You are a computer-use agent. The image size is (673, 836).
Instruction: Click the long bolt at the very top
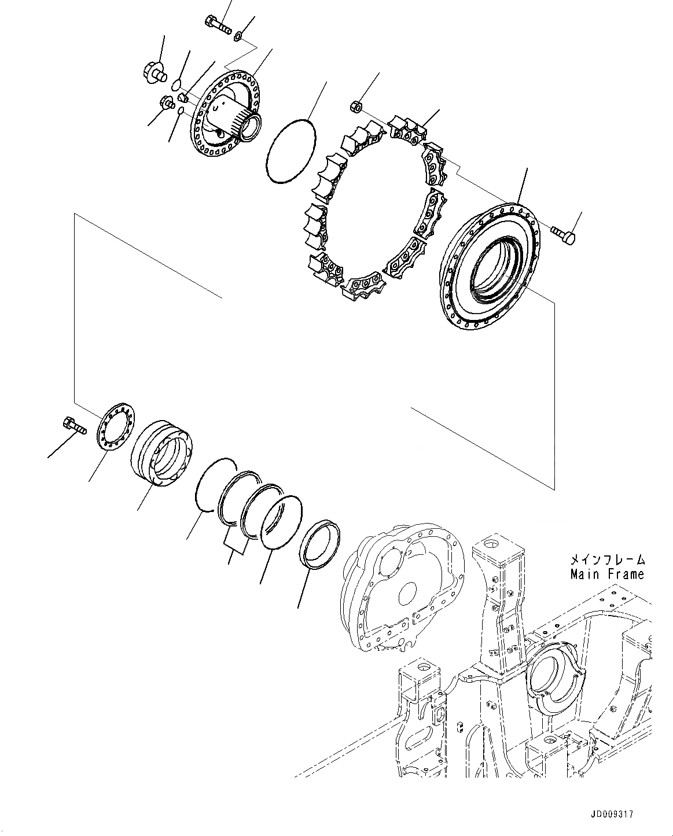(218, 24)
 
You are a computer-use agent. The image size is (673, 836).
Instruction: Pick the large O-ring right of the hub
(292, 151)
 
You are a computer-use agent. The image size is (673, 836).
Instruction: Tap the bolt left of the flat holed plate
(75, 425)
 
